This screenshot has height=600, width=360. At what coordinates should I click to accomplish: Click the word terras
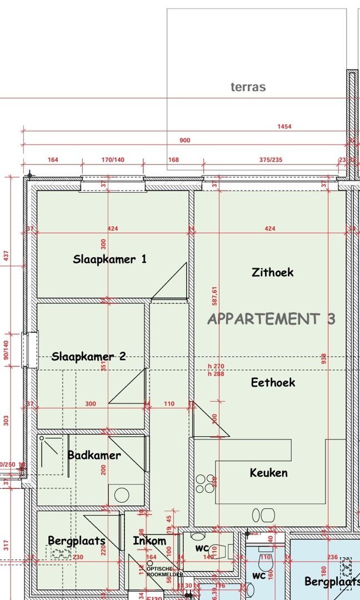248,87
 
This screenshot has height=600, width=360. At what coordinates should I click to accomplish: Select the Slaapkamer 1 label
110,259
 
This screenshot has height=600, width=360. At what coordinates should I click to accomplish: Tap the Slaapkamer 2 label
89,357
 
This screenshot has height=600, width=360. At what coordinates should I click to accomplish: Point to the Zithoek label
272,272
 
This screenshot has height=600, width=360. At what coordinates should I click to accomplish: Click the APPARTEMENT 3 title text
271,319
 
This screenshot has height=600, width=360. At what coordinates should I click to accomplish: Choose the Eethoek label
273,382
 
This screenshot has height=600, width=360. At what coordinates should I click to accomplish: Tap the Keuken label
269,473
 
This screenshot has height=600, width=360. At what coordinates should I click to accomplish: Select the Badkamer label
94,455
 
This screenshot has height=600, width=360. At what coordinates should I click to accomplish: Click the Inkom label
149,541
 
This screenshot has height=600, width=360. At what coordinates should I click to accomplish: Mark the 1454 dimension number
284,127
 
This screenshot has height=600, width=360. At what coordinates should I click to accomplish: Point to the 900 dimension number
184,141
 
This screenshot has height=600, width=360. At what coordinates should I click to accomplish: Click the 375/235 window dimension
271,160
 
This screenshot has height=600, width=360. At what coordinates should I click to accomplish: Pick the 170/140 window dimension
113,160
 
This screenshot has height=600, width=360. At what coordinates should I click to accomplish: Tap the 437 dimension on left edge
7,256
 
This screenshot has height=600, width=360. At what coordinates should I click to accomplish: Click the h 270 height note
216,366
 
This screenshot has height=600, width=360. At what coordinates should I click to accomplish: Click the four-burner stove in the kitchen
204,483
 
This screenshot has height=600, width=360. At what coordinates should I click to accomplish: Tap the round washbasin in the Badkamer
122,494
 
